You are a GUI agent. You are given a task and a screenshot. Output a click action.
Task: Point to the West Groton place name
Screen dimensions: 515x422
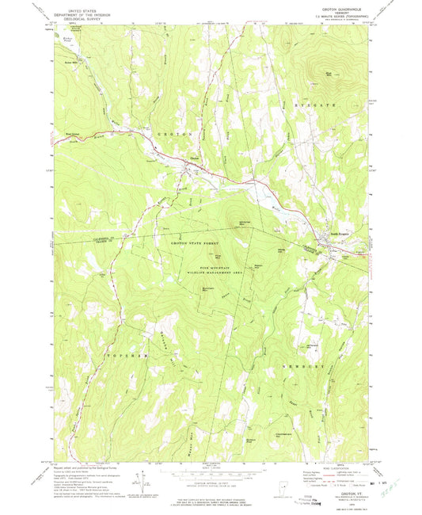(69, 135)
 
